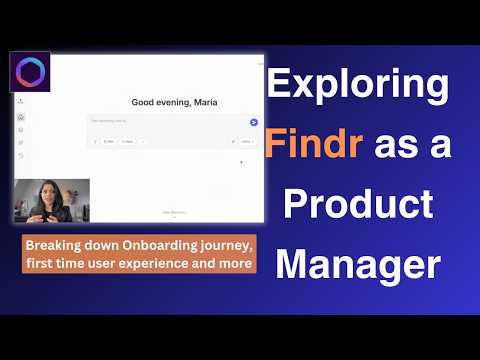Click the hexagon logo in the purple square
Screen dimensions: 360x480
click(30, 75)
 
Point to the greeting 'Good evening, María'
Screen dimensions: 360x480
click(174, 102)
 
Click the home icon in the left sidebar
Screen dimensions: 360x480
click(21, 117)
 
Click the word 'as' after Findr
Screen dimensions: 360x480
click(388, 149)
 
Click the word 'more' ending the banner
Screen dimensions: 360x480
click(237, 264)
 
